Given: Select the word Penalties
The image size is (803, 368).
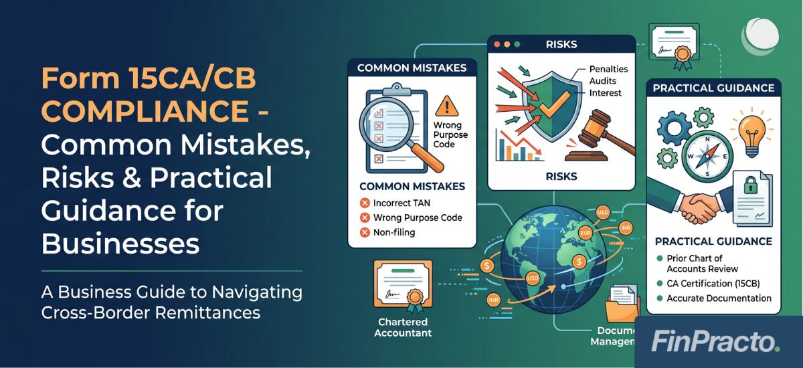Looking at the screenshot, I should [610, 69].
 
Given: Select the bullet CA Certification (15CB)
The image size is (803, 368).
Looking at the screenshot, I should [717, 283].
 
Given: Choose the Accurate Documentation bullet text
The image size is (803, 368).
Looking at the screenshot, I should [719, 298].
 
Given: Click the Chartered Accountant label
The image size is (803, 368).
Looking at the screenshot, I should [402, 327].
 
